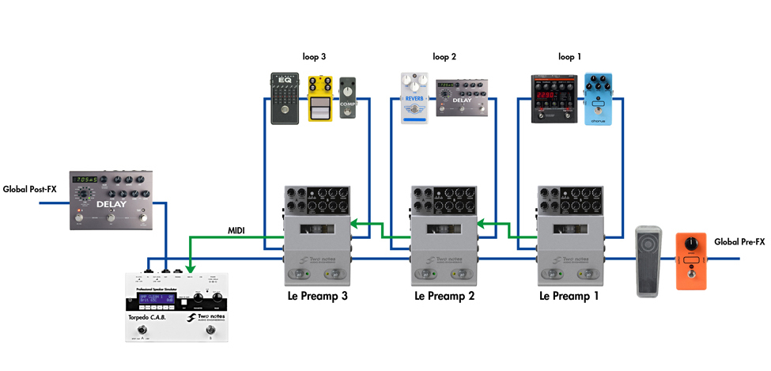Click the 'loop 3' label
(313, 57)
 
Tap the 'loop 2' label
(444, 57)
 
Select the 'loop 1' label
(569, 57)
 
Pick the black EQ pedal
(284, 98)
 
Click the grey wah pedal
(651, 262)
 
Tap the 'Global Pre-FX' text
(739, 242)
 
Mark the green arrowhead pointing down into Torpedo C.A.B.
(191, 264)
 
